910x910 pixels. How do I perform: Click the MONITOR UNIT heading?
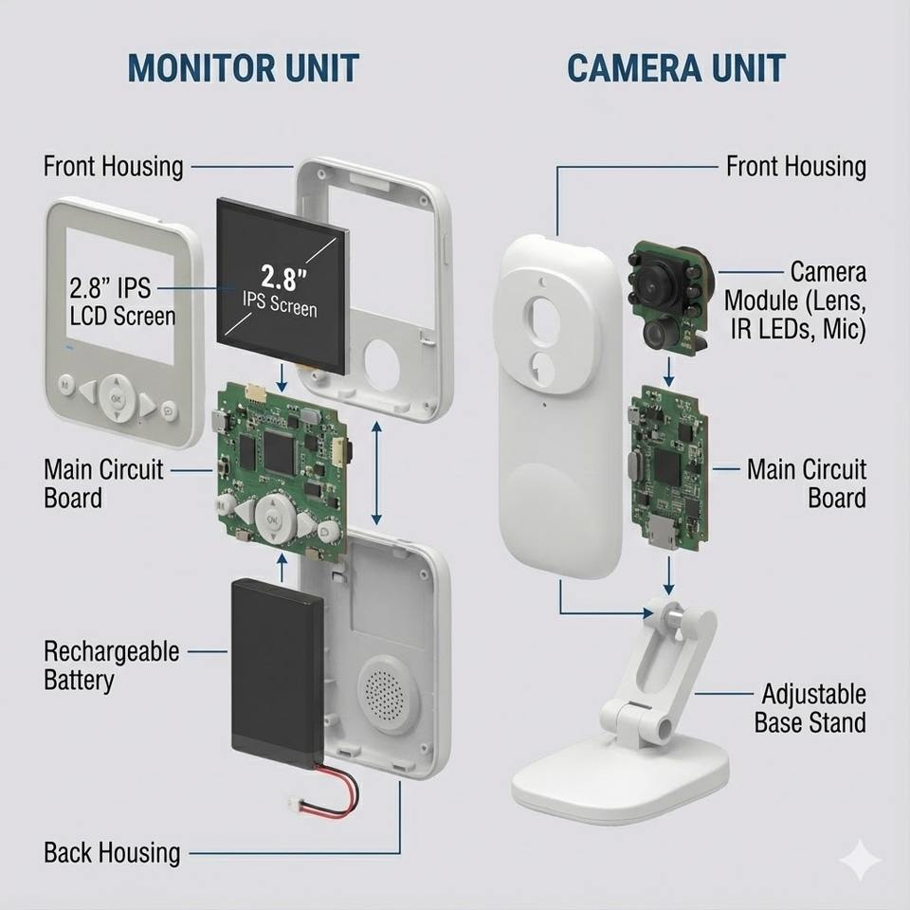point(243,68)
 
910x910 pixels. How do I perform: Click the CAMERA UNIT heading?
point(676,68)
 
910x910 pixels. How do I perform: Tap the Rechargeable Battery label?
point(111,665)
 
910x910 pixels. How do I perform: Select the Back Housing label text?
point(111,852)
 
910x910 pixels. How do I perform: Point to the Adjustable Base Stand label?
point(810,708)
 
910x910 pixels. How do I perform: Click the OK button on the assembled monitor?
point(117,399)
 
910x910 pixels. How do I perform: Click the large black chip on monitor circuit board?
point(278,451)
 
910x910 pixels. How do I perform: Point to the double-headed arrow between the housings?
point(377,473)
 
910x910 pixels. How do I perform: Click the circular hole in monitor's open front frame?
point(388,361)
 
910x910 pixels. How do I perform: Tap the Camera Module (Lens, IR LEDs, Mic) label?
point(795,301)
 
